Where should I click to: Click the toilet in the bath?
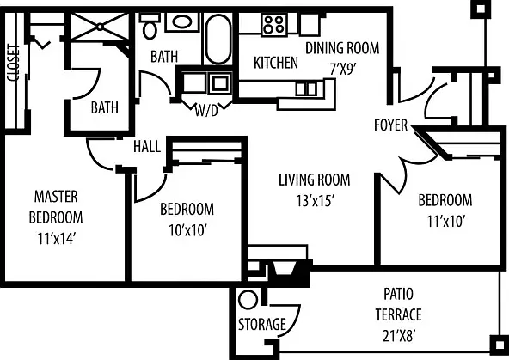tap(150, 26)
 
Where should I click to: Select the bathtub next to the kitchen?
tap(218, 39)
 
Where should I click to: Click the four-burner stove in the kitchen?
tap(274, 25)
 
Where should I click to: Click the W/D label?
tap(206, 111)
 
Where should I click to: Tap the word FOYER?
tap(391, 125)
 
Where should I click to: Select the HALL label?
tap(147, 146)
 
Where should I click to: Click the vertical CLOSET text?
tap(13, 63)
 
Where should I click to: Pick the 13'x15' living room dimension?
tap(315, 201)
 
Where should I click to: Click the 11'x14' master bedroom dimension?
tap(57, 239)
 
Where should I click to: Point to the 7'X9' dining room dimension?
tap(343, 69)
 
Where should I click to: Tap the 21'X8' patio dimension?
tap(399, 336)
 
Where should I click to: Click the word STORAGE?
tap(262, 324)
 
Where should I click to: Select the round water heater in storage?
tap(248, 299)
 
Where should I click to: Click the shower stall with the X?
tap(101, 27)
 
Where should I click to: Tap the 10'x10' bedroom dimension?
tap(188, 230)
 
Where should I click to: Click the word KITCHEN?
tap(276, 63)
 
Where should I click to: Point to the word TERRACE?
tap(399, 314)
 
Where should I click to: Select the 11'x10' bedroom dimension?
tap(446, 222)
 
